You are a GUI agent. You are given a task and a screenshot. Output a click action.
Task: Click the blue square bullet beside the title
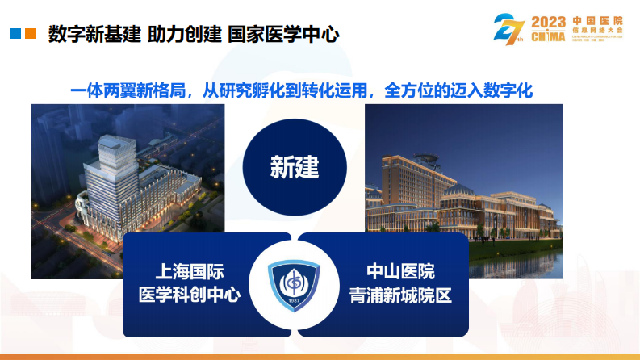coord(15,34)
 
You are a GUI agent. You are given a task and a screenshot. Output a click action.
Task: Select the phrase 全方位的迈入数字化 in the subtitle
coord(460,90)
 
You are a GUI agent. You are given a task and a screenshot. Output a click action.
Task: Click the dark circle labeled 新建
coord(295,167)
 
